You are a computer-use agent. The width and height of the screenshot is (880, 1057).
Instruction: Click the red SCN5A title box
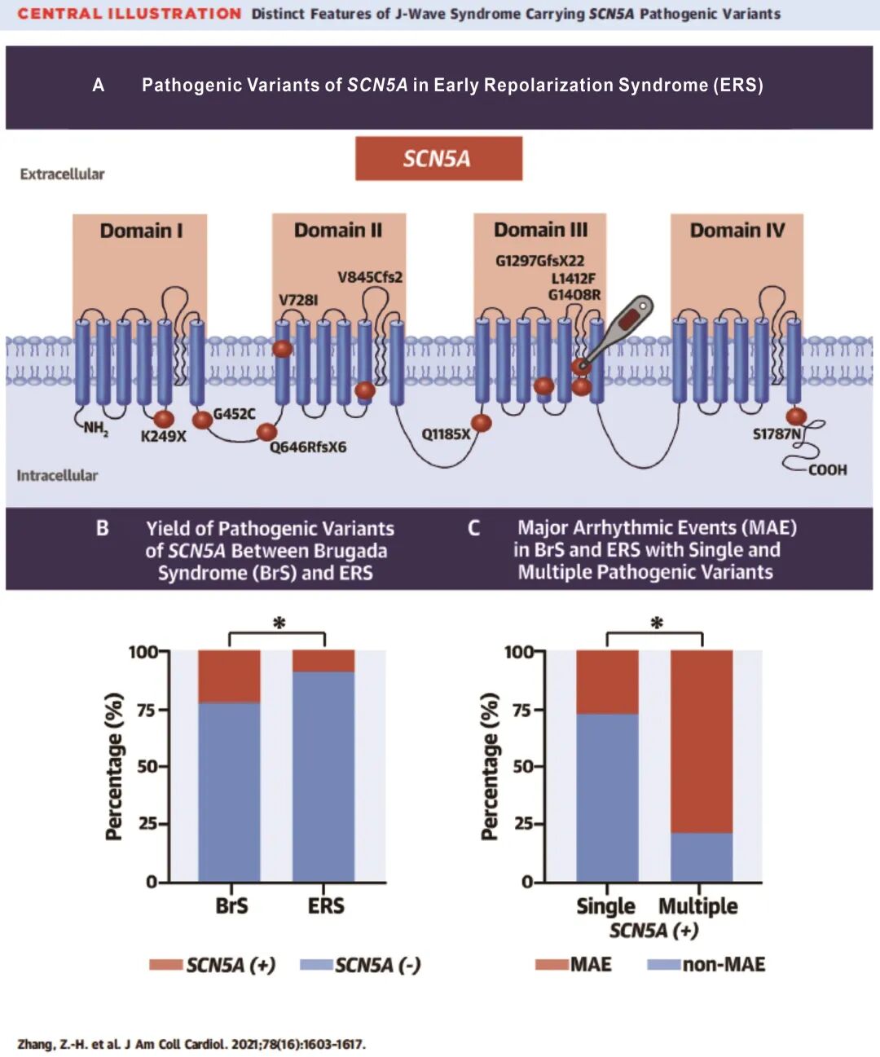tap(438, 158)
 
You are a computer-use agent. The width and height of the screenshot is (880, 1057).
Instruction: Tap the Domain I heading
tap(141, 231)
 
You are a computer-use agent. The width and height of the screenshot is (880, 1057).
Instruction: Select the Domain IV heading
tap(737, 231)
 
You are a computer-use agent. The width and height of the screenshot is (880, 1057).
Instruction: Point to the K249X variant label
tap(163, 436)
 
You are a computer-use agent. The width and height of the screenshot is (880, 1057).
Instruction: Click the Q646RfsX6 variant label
tap(308, 447)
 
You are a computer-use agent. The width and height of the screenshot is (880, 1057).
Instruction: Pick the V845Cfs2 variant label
tap(370, 277)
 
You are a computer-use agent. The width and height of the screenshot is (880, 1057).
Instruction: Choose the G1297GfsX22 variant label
tap(539, 261)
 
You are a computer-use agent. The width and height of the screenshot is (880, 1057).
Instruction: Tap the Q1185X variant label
tap(446, 434)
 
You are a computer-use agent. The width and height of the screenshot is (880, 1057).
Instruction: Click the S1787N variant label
tap(777, 434)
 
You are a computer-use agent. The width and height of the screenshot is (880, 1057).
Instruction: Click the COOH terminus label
tap(827, 469)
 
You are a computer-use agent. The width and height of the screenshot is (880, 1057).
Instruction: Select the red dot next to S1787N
tap(796, 416)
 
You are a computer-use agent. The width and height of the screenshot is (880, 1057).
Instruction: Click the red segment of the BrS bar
tap(229, 676)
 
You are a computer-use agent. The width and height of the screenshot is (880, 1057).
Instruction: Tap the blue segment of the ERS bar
tap(323, 774)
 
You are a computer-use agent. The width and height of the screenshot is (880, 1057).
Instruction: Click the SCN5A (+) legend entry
tap(213, 965)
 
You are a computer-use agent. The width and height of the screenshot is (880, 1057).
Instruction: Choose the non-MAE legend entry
tap(707, 965)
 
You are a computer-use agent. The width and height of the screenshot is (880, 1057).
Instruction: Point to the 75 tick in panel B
tap(146, 710)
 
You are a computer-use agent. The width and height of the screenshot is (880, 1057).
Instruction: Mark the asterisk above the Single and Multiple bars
tap(657, 623)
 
